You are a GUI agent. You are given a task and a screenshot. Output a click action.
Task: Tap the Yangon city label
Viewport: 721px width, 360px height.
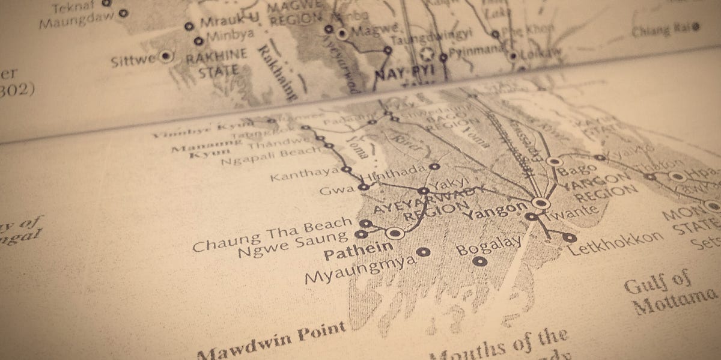(490, 209)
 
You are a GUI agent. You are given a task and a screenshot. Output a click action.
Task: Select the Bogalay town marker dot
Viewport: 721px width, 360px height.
(479, 261)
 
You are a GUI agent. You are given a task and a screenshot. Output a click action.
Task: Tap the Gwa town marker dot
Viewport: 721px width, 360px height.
(363, 188)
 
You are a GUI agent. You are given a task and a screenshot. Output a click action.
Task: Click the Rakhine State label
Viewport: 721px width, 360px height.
(216, 62)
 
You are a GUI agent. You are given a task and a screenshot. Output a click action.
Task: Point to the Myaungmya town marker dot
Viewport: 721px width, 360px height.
(424, 252)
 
